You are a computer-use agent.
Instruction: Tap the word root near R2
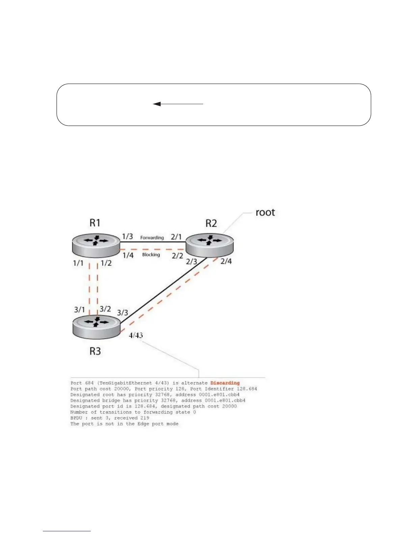click(265, 212)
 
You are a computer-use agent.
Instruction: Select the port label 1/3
click(128, 237)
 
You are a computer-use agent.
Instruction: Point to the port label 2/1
click(176, 237)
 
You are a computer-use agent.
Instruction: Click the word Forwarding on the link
click(152, 238)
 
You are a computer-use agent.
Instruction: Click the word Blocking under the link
click(151, 255)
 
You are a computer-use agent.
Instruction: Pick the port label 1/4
click(128, 255)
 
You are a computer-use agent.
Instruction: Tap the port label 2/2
click(177, 256)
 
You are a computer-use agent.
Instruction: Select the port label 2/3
click(191, 262)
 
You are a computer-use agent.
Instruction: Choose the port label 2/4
click(226, 261)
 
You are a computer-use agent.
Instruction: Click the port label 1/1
click(78, 263)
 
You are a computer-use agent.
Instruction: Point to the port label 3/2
click(105, 309)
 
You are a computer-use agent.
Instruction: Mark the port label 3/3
click(122, 313)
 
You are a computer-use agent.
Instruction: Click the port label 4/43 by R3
click(136, 335)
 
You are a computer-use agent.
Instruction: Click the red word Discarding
click(225, 383)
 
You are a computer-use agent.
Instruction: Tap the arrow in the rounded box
click(178, 104)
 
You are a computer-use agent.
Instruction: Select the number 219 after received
click(145, 418)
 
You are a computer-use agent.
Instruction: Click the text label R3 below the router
click(95, 351)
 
